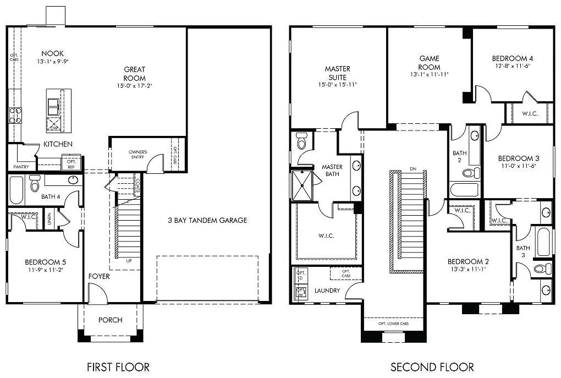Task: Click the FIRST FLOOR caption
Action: [x=118, y=366]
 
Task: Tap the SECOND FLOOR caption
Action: [x=432, y=366]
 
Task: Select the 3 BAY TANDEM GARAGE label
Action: [x=207, y=220]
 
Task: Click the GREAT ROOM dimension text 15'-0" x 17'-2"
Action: [x=134, y=86]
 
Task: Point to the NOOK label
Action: [x=52, y=53]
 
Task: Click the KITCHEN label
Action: [x=58, y=144]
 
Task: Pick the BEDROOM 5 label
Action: [x=45, y=262]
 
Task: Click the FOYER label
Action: [x=99, y=276]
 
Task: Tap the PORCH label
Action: [x=110, y=320]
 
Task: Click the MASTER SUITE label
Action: [x=337, y=73]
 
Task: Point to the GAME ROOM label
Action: [x=429, y=63]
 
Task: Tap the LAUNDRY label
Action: [x=327, y=291]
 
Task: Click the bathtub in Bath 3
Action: [x=543, y=241]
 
